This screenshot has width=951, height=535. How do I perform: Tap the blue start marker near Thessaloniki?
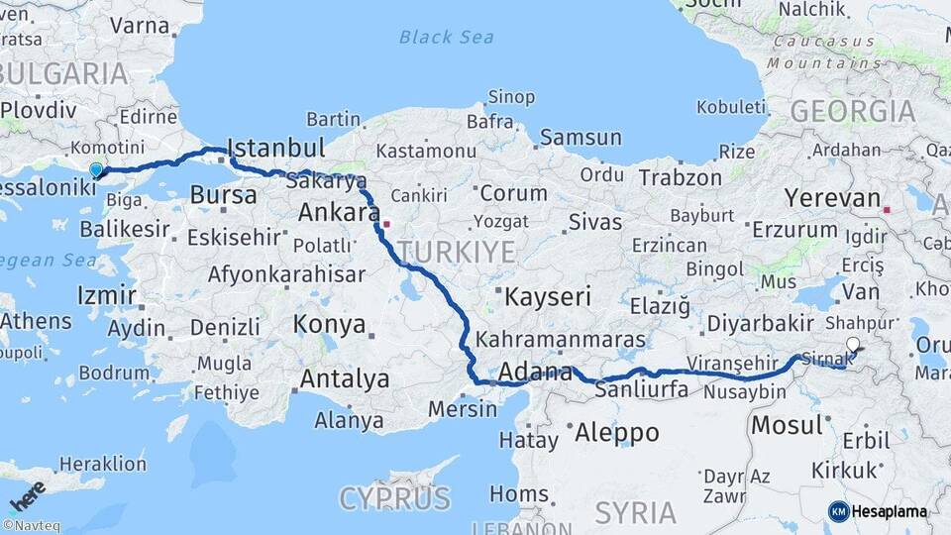[96, 170]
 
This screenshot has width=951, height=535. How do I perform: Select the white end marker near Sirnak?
[854, 345]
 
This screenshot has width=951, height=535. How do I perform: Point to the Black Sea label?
[446, 38]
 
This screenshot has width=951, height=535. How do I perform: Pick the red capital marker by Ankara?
[387, 223]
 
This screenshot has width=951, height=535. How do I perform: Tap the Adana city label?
[536, 374]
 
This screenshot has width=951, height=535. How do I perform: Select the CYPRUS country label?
[394, 497]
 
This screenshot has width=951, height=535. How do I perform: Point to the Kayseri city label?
[548, 296]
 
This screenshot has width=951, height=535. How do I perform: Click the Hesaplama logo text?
[889, 511]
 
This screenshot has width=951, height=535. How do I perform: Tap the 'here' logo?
[27, 495]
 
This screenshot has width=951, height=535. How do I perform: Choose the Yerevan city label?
[832, 198]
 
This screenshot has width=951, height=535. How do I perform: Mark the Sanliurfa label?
[642, 390]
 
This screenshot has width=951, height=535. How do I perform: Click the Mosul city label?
[788, 426]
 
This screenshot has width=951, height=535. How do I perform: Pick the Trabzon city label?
[681, 178]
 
